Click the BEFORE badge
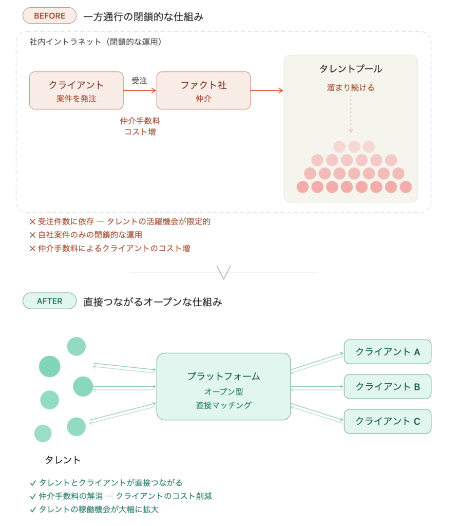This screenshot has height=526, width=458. pyautogui.click(x=49, y=16)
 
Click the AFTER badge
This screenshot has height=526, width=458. pyautogui.click(x=49, y=301)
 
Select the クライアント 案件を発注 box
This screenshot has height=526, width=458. pyautogui.click(x=76, y=90)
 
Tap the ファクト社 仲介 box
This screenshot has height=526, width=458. pyautogui.click(x=203, y=90)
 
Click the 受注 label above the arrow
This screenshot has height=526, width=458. pyautogui.click(x=139, y=81)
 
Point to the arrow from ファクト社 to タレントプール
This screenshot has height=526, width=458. pyautogui.click(x=267, y=90)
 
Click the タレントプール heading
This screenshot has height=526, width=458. pyautogui.click(x=351, y=69)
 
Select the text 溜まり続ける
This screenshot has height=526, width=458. pyautogui.click(x=351, y=87)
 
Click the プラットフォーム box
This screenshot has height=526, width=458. pyautogui.click(x=223, y=386)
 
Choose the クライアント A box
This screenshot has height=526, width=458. pyautogui.click(x=387, y=352)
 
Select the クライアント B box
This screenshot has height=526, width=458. pyautogui.click(x=387, y=386)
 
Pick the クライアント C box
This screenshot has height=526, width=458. pyautogui.click(x=387, y=421)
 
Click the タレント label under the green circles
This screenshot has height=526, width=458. pyautogui.click(x=63, y=459)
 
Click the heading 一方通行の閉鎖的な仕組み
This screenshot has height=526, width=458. pyautogui.click(x=143, y=16)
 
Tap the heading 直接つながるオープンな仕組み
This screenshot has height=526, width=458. pyautogui.click(x=152, y=302)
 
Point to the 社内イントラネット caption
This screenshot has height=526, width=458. pyautogui.click(x=96, y=42)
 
